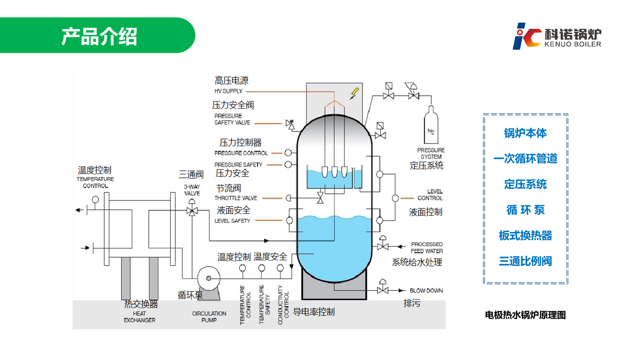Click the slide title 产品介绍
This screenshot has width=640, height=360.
point(99,36)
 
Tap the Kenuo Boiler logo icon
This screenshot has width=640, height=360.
point(527,36)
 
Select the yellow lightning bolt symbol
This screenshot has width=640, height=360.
point(354,94)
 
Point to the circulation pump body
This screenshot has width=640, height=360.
point(209,278)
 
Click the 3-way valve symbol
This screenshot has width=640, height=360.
point(192,210)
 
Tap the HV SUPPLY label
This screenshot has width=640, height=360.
point(228,91)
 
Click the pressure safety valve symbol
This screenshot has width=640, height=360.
point(290,124)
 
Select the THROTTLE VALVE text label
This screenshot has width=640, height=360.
point(236,198)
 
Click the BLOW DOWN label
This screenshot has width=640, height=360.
point(426,291)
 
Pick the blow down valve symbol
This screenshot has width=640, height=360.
point(383,287)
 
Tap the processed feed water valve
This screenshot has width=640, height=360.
point(383,244)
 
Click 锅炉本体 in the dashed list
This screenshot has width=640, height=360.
point(525,133)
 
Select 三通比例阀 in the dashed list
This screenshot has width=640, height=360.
point(525,261)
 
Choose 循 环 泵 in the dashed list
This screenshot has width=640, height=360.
point(525,210)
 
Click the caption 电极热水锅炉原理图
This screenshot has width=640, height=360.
point(525,315)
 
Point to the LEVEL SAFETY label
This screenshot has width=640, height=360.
point(232,221)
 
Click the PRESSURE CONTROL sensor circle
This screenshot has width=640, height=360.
point(288,153)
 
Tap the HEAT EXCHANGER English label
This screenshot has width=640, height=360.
point(140,317)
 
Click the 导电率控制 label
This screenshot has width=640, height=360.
point(314,312)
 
